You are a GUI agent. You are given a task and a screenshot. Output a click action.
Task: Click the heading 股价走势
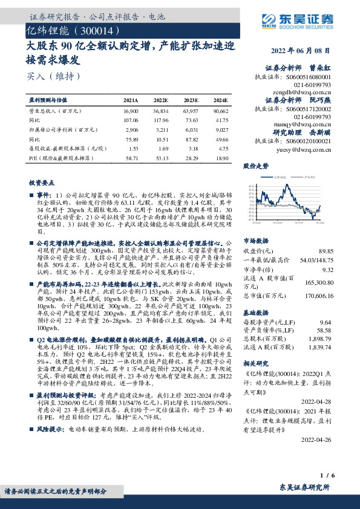(255, 165)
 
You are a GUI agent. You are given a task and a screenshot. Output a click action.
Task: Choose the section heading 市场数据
(255, 240)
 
